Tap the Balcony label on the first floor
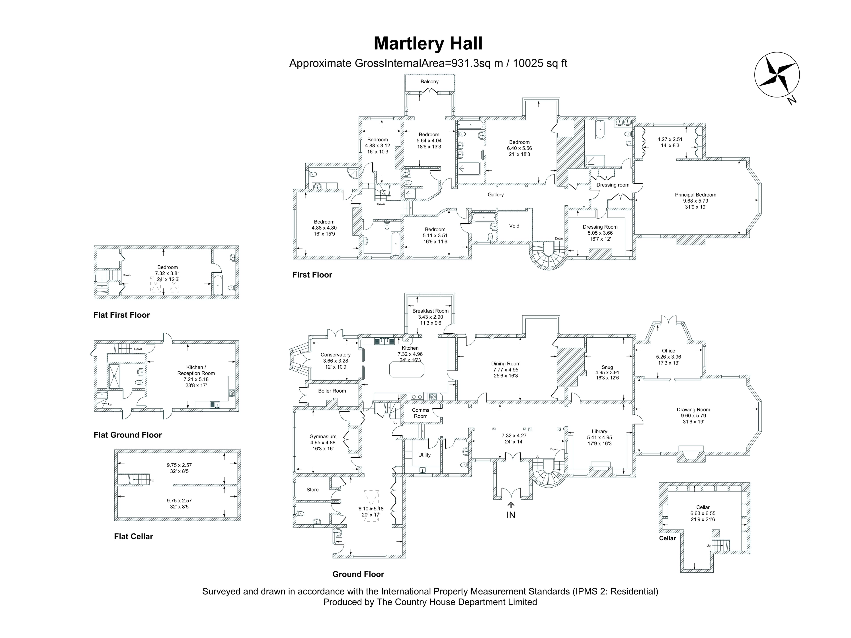(x=429, y=82)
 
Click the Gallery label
(x=496, y=195)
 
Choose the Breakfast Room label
(x=431, y=311)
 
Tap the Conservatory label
(x=336, y=355)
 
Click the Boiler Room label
(x=332, y=391)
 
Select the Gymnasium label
(x=323, y=436)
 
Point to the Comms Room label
(x=420, y=413)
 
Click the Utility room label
(x=424, y=455)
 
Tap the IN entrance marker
(x=511, y=515)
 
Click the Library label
(x=599, y=432)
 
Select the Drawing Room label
(x=693, y=410)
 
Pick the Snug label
(x=607, y=367)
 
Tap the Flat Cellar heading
(x=133, y=537)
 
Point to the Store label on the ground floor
(x=312, y=490)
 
